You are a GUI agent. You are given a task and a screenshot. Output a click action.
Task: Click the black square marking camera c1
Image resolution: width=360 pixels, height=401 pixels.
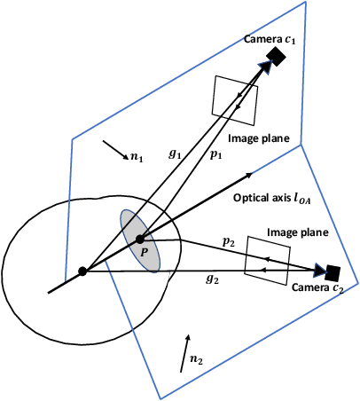click(276, 57)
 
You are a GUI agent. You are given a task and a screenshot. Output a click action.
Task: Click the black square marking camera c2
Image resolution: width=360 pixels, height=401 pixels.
click(333, 271)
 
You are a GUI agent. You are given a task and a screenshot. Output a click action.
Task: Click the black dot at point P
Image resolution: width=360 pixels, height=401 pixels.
click(139, 240)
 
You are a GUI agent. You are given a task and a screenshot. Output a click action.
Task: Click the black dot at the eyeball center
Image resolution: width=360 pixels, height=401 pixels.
click(82, 271)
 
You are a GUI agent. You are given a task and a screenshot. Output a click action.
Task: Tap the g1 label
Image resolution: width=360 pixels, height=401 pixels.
click(176, 153)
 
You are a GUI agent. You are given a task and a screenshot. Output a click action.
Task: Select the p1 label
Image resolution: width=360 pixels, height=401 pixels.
click(215, 154)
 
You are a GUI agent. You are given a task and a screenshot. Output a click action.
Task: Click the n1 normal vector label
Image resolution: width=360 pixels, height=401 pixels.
click(135, 157)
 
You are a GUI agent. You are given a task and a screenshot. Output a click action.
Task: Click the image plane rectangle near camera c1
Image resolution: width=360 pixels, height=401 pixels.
click(235, 97)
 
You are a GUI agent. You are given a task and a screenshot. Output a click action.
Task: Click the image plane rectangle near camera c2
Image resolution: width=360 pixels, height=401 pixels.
click(266, 259)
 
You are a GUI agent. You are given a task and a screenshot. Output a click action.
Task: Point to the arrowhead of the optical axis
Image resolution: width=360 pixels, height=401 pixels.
click(252, 175)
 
